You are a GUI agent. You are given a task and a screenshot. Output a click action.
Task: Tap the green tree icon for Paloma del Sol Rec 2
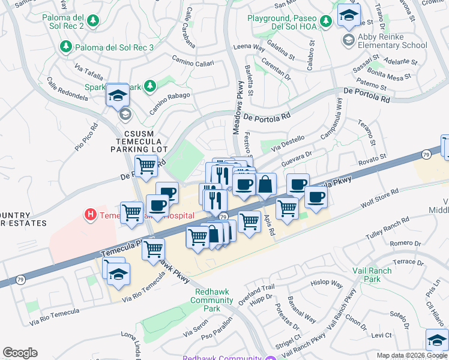[x=93, y=22]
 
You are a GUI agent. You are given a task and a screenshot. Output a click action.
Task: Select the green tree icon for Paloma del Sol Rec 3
[x=65, y=47]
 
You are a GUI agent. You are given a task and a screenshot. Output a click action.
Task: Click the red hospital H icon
[x=90, y=214]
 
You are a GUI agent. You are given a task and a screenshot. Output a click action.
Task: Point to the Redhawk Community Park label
[x=208, y=300]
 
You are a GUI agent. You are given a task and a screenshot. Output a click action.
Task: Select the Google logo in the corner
[x=20, y=353]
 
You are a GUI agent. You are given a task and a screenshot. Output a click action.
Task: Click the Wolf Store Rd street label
[x=379, y=200]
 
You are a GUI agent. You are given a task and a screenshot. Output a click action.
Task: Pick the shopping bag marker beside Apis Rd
[x=265, y=184]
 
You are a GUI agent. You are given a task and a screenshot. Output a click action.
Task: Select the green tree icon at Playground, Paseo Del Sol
[x=325, y=22]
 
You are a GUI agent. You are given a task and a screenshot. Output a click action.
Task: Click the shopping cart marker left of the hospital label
[x=131, y=212]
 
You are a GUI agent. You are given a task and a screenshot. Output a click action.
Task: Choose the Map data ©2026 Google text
[x=411, y=355]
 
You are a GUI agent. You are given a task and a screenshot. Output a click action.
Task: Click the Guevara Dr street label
[x=297, y=155]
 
